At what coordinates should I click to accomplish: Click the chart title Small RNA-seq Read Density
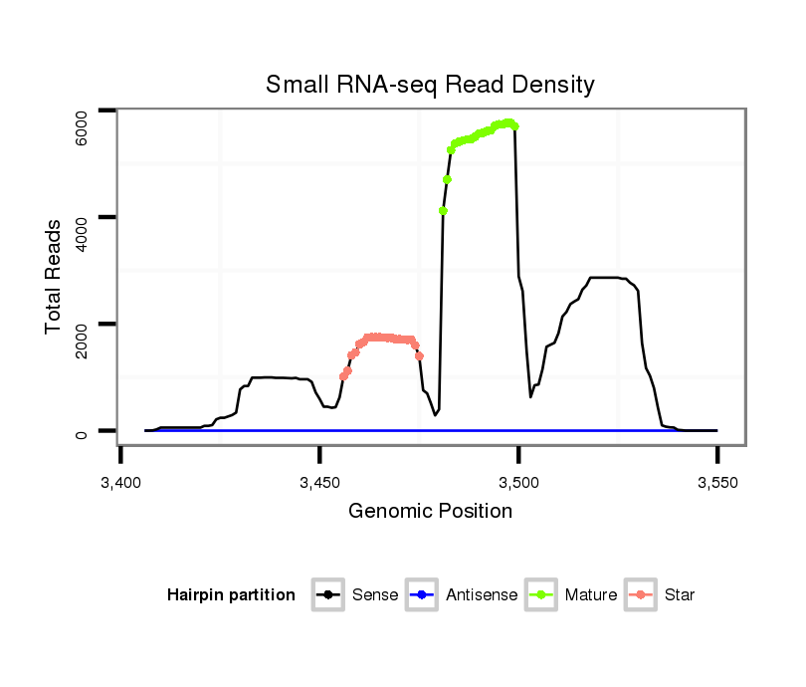(430, 85)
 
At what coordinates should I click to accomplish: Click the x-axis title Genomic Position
(430, 512)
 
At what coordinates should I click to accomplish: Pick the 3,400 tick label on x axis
(120, 482)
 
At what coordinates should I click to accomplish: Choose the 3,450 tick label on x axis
(318, 482)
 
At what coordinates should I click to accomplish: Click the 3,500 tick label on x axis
(517, 482)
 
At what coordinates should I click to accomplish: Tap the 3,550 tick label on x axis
(716, 482)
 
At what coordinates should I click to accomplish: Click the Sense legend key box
(327, 595)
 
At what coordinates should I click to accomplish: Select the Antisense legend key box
(422, 595)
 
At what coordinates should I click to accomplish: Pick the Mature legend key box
(541, 595)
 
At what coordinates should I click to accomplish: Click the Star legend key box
(641, 595)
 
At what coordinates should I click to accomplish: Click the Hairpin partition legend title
(231, 595)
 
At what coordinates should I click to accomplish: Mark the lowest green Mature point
(443, 211)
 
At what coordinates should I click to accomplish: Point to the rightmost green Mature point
(515, 126)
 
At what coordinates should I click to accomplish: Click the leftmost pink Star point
(343, 376)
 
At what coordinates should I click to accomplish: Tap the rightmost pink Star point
(420, 355)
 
